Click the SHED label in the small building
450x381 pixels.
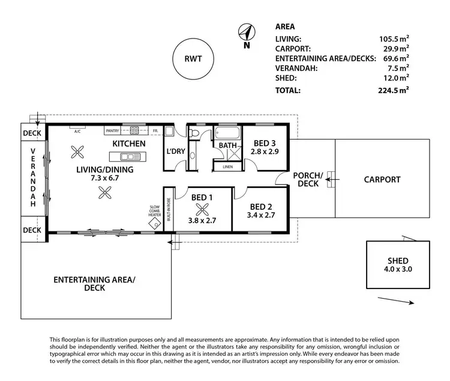398,260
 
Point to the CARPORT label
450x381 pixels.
382,179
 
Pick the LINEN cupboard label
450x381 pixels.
227,166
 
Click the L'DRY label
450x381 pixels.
175,151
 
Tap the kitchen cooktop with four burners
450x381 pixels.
134,130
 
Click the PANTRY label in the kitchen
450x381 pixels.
112,130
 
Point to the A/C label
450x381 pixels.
77,130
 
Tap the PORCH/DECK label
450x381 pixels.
308,179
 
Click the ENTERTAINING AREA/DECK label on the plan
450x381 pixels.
95,284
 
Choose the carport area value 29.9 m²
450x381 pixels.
397,47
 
